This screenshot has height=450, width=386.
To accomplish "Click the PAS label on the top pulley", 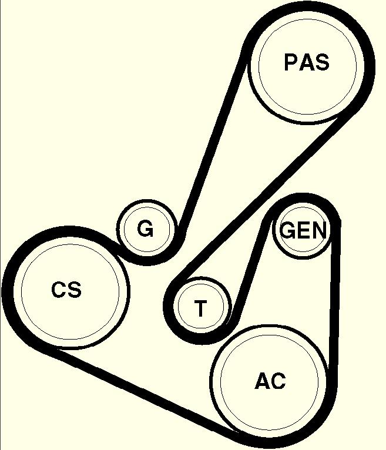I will pyautogui.click(x=306, y=62).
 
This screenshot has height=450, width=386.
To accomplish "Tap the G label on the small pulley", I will pyautogui.click(x=145, y=229).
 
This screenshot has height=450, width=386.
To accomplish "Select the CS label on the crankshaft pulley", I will pyautogui.click(x=66, y=290).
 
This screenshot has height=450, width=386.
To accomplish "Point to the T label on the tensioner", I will pyautogui.click(x=201, y=308).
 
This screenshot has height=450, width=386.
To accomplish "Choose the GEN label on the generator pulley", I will pyautogui.click(x=303, y=230).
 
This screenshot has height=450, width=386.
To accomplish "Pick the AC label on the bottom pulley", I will pyautogui.click(x=270, y=381).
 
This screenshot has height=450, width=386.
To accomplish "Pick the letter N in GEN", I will pyautogui.click(x=317, y=230).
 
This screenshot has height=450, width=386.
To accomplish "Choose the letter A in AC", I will pyautogui.click(x=262, y=381).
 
